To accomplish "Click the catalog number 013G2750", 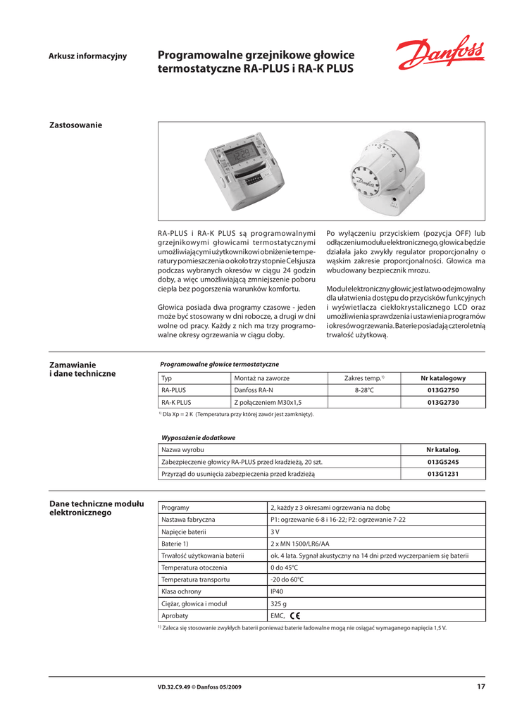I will tap(443, 390).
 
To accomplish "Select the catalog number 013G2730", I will tap(443, 402).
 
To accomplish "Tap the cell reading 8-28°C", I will tap(364, 390).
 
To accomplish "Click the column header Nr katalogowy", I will tap(443, 378).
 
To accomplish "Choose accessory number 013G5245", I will tap(443, 462).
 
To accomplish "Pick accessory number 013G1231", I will tap(443, 474).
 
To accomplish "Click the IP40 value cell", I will tap(277, 591).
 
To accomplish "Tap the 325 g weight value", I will tap(278, 603).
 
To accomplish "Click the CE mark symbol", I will tap(294, 615).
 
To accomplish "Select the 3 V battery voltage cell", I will tap(275, 532).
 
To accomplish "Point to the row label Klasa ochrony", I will tap(181, 591).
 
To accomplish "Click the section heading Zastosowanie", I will tap(75, 125).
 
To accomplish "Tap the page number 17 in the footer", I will tap(480, 686).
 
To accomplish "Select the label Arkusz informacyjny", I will tap(87, 56).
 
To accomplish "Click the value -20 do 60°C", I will tap(287, 579).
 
